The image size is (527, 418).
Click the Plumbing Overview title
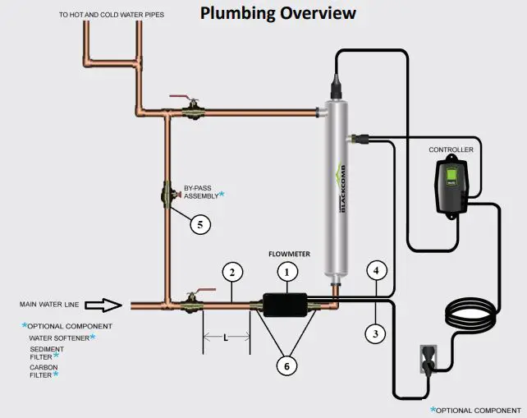[x=278, y=13]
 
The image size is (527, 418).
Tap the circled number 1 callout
[x=286, y=270]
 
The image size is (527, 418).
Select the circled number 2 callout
[x=232, y=272]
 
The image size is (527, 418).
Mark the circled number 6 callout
[x=286, y=366]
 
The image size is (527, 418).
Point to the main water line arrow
[x=103, y=305]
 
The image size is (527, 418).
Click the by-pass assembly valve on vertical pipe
[x=166, y=197]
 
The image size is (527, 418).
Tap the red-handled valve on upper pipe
[x=192, y=107]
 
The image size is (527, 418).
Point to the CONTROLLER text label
[x=450, y=150]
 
